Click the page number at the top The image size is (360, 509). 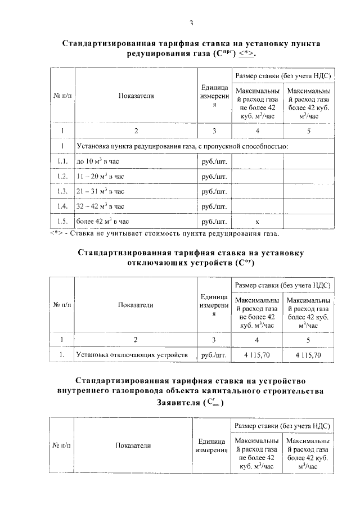(x=191, y=23)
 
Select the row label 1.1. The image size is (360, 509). (x=62, y=161)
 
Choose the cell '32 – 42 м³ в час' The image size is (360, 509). (x=101, y=206)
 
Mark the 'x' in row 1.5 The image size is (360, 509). (x=257, y=222)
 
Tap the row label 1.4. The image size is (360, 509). (x=62, y=206)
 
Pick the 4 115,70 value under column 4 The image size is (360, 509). (x=257, y=355)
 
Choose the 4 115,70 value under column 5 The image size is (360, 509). (x=308, y=355)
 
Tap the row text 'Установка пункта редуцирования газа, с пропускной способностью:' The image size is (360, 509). (x=182, y=146)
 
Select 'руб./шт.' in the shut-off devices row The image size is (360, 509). (x=214, y=355)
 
